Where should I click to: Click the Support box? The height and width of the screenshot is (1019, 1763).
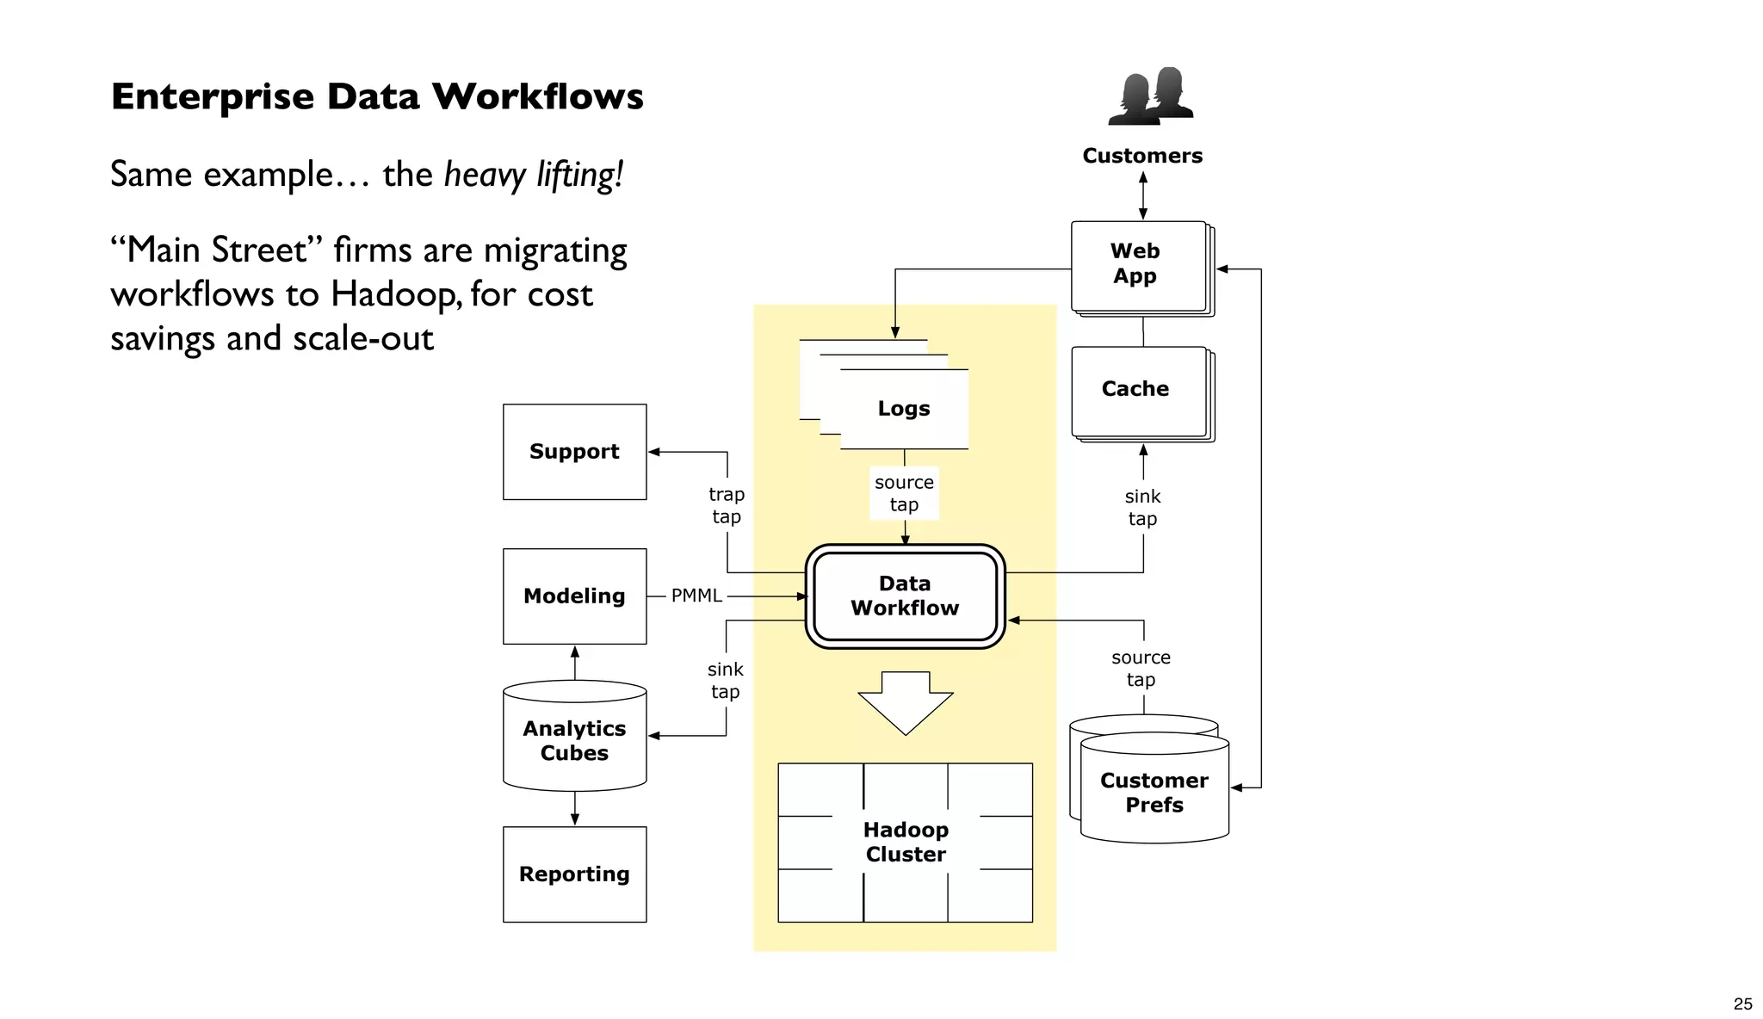pos(574,452)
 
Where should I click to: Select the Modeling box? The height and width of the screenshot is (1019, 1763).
pos(574,596)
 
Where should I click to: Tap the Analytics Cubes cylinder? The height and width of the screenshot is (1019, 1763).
pos(574,740)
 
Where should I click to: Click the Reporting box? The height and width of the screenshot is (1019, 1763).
pos(574,874)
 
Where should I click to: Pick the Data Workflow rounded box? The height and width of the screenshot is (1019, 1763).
pos(905,596)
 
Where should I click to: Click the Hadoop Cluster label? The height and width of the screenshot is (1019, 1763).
pos(905,842)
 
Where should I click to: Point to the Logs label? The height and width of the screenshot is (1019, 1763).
pos(904,408)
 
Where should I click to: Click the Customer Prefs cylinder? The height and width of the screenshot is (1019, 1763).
pos(1154,792)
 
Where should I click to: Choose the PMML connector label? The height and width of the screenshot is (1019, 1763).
pos(696,596)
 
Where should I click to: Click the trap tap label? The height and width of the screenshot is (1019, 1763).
pos(726,505)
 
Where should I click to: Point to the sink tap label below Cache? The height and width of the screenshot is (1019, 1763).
pos(1142,507)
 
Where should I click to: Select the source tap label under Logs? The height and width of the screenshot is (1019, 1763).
pos(904,493)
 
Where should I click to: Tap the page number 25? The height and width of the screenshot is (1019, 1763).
pos(1742,1004)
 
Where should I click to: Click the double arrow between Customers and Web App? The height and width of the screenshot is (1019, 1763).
pos(1142,195)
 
